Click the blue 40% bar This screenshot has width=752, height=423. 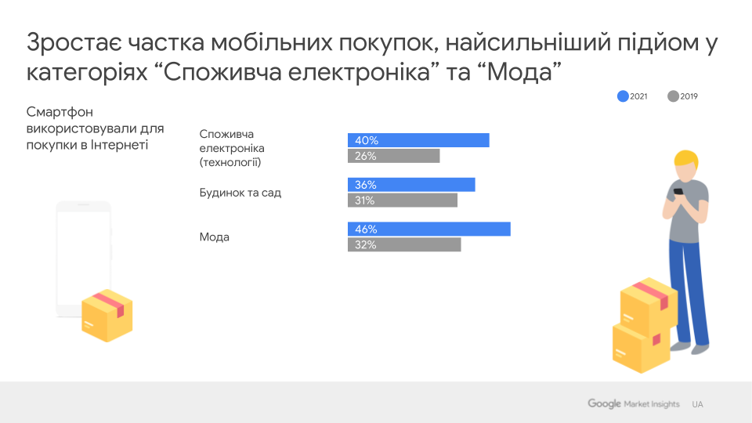[418, 140]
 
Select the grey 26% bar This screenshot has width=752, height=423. [394, 156]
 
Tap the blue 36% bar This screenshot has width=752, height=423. [411, 185]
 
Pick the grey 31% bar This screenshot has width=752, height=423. [403, 200]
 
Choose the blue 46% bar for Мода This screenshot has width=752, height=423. [428, 229]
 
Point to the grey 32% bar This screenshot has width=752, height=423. [404, 244]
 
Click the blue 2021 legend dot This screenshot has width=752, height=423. [623, 96]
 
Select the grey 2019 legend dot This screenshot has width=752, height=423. [674, 96]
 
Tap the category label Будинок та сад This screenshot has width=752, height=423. [240, 193]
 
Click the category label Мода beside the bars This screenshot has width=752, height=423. [215, 237]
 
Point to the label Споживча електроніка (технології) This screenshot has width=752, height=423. [232, 148]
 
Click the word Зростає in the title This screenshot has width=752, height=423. [74, 42]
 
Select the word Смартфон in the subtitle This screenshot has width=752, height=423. [60, 112]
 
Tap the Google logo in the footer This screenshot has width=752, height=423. [604, 404]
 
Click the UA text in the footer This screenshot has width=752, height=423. [697, 404]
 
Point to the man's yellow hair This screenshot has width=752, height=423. [687, 158]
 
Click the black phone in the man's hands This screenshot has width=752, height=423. [678, 191]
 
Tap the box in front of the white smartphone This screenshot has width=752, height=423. [107, 315]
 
